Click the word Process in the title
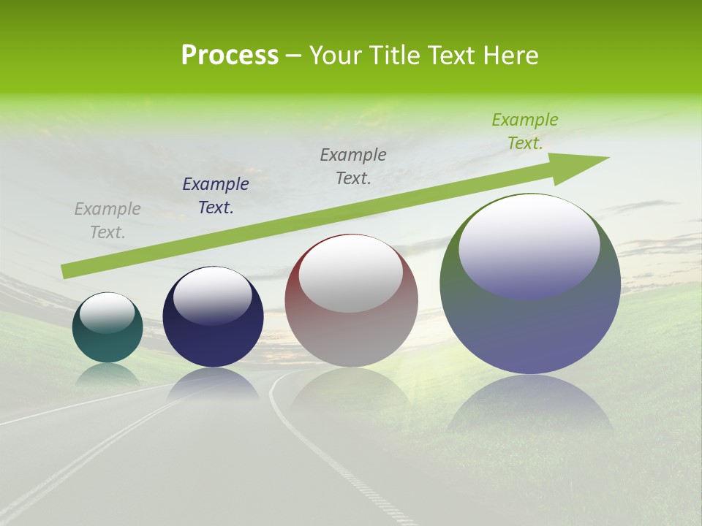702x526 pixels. pos(230,56)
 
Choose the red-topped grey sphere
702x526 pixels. pos(352,329)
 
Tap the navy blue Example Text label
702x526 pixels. pos(216,196)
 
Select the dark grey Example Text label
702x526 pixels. pos(353,167)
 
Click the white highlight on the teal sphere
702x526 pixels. pos(107,313)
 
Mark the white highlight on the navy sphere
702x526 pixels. pos(212,296)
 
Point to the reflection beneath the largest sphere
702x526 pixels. pos(531,405)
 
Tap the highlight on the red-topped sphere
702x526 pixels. pos(351,275)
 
